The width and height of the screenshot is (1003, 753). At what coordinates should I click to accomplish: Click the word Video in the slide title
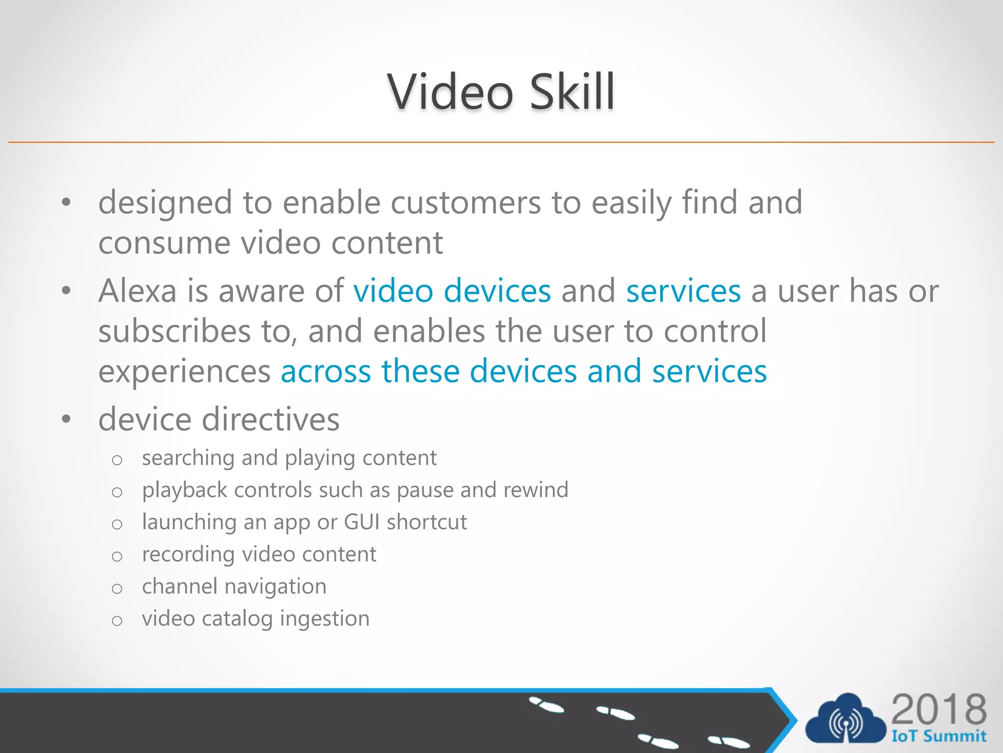[x=450, y=92]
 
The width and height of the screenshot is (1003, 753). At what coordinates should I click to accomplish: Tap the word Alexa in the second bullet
[x=137, y=291]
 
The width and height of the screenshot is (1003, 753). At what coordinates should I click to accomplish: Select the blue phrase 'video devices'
[x=452, y=291]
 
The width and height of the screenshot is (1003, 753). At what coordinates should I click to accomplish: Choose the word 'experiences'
[x=184, y=372]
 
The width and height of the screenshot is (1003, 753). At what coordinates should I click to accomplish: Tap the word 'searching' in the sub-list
[x=188, y=458]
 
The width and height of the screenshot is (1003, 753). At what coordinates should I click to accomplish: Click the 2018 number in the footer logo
[x=938, y=709]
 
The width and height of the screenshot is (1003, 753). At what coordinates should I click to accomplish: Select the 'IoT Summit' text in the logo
[x=938, y=736]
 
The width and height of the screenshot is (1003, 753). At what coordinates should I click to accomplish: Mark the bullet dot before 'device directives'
[x=67, y=420]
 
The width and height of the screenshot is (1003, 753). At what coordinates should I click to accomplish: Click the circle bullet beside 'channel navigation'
[x=117, y=588]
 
